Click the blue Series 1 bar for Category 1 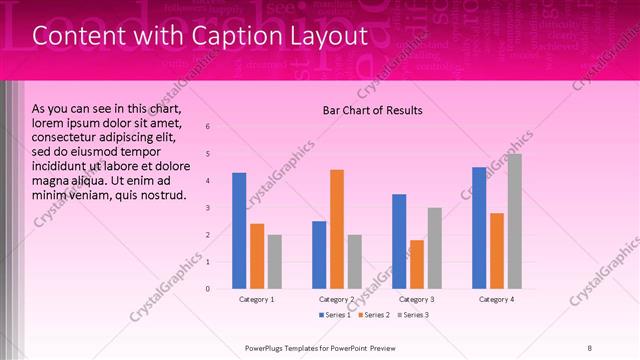239,231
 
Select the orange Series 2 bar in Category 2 337,229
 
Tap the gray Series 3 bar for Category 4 515,221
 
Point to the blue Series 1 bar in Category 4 479,228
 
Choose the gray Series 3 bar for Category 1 275,262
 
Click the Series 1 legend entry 335,315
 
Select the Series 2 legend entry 375,315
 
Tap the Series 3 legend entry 415,315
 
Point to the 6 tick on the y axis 207,127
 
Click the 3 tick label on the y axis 207,208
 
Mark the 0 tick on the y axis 207,289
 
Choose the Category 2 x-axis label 337,299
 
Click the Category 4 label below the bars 497,299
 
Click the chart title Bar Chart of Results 372,110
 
